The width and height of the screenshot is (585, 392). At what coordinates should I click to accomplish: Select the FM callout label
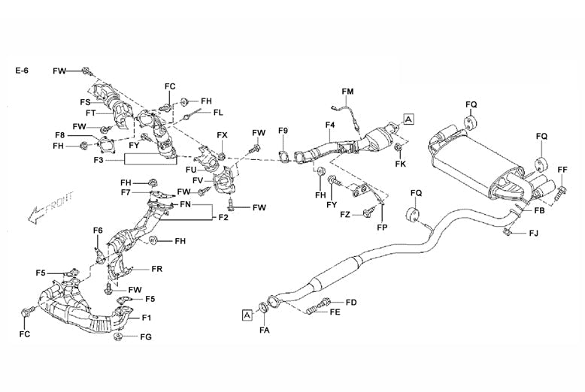[347, 92]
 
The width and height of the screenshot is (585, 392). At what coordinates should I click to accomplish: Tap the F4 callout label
[329, 125]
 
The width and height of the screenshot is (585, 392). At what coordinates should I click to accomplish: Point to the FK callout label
[400, 164]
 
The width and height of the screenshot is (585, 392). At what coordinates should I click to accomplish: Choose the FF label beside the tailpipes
[562, 169]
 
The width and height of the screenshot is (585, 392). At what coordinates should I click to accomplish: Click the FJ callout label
[533, 234]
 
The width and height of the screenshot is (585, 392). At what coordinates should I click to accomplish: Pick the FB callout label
[538, 212]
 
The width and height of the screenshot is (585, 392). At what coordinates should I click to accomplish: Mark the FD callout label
[350, 302]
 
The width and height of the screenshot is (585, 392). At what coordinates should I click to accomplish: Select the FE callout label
[335, 312]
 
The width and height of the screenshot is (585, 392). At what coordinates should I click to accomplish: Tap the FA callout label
[265, 330]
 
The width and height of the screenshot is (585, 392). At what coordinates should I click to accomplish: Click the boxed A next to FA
[247, 316]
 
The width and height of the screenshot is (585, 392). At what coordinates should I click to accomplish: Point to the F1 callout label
[147, 318]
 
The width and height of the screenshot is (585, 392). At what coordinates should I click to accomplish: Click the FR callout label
[157, 268]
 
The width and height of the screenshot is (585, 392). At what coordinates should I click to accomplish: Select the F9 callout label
[283, 131]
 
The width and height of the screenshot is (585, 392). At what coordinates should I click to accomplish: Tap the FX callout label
[222, 135]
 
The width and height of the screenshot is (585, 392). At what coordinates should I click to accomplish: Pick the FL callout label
[218, 113]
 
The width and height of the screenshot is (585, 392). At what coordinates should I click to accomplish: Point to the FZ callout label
[344, 215]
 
